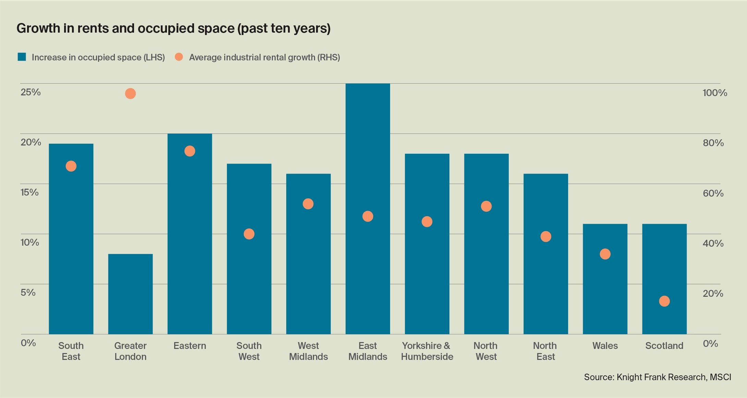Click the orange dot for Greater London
pyautogui.click(x=130, y=93)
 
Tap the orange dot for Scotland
pyautogui.click(x=664, y=301)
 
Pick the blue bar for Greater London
pyautogui.click(x=130, y=294)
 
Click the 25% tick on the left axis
pyautogui.click(x=31, y=92)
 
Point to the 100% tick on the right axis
pyautogui.click(x=714, y=93)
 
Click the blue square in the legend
pyautogui.click(x=22, y=57)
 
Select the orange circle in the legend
pyautogui.click(x=179, y=57)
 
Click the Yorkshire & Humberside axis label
pyautogui.click(x=427, y=351)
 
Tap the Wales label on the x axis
pyautogui.click(x=605, y=346)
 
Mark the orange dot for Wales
pyautogui.click(x=605, y=254)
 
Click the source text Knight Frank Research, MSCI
pyautogui.click(x=657, y=377)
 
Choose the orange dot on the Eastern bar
pyautogui.click(x=190, y=151)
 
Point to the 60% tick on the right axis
pyautogui.click(x=713, y=193)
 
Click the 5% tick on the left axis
pyautogui.click(x=28, y=292)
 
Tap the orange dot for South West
pyautogui.click(x=249, y=234)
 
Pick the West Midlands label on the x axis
pyautogui.click(x=308, y=351)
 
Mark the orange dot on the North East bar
pyautogui.click(x=545, y=236)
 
